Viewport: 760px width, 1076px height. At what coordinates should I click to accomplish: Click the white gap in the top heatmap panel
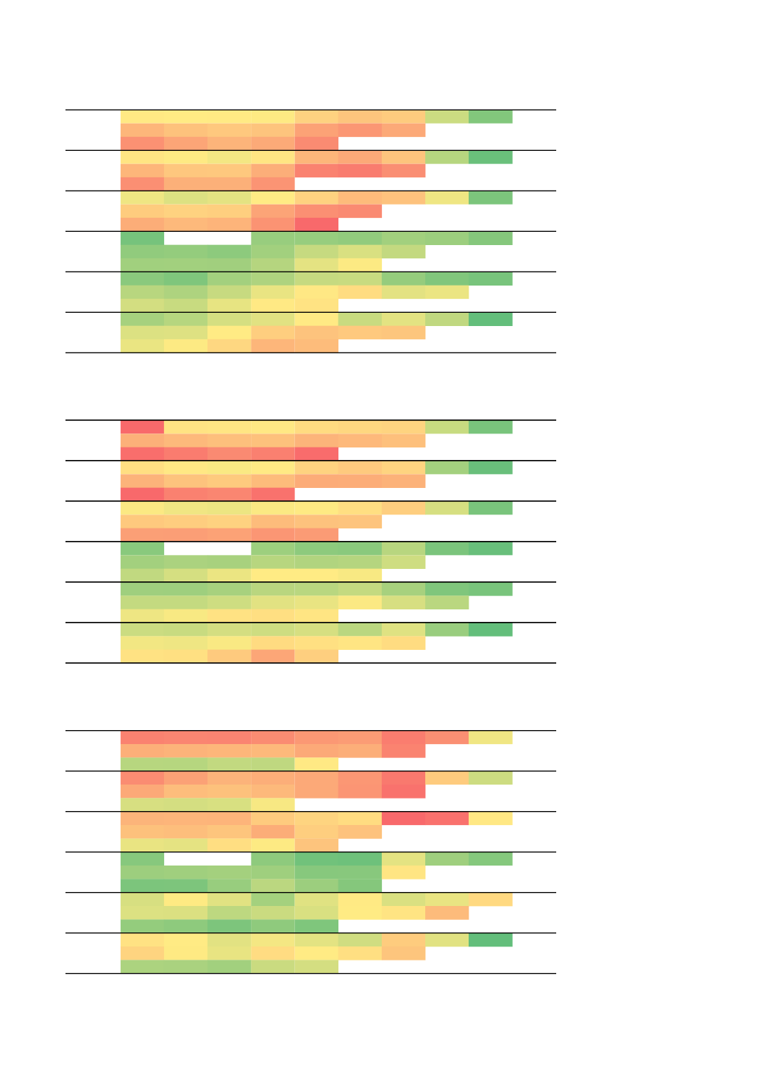point(207,238)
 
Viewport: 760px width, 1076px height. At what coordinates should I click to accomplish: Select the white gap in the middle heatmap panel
point(207,548)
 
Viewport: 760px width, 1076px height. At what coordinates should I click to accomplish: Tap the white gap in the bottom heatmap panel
point(207,859)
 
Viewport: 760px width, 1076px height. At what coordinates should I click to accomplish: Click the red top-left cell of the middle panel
point(142,427)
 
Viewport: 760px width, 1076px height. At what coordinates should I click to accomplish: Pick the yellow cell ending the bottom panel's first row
point(490,737)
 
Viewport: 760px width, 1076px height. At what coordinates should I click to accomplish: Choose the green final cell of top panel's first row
point(490,117)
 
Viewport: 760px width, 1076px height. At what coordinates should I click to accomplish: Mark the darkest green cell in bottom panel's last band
point(490,940)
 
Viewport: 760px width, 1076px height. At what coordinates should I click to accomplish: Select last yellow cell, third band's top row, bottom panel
point(490,818)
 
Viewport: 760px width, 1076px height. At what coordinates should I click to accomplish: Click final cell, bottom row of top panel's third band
point(316,224)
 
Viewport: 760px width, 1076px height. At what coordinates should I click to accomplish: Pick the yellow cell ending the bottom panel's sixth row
point(273,804)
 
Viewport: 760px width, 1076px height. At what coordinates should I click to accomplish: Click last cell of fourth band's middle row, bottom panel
point(403,872)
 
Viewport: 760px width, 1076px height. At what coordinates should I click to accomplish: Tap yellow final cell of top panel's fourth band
point(360,265)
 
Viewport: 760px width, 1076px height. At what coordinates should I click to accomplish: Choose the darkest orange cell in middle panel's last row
point(273,656)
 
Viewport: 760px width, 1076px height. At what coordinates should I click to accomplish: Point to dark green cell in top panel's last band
point(490,319)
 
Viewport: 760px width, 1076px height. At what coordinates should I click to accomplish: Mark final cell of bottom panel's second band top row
point(490,778)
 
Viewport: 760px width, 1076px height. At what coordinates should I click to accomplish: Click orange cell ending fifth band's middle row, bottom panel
point(447,913)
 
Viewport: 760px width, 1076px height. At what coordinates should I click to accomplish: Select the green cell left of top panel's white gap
point(142,238)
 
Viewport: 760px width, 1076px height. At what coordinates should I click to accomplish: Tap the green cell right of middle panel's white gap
point(273,548)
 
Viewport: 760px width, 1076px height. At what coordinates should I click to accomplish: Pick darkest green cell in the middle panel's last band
point(490,629)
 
